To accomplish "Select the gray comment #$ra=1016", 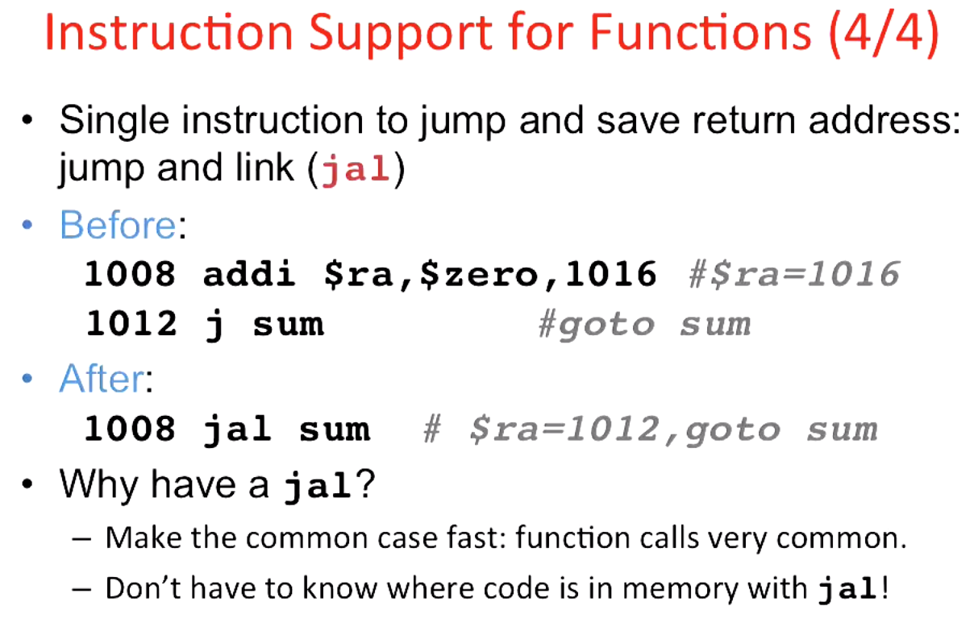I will pyautogui.click(x=794, y=275).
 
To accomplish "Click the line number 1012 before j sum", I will pyautogui.click(x=131, y=325).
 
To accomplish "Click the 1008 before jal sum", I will pyautogui.click(x=131, y=430).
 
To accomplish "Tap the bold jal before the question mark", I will pyautogui.click(x=318, y=485).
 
